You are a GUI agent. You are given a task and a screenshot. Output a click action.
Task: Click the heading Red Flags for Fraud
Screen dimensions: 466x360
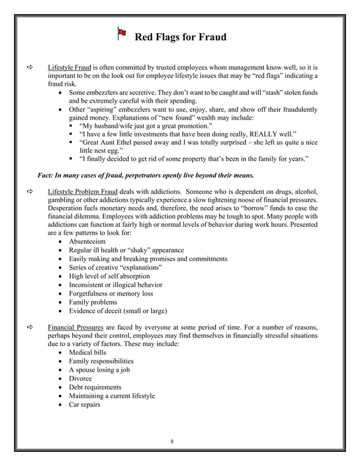pyautogui.click(x=180, y=38)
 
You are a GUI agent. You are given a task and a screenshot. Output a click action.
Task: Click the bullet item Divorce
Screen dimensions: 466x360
pyautogui.click(x=80, y=379)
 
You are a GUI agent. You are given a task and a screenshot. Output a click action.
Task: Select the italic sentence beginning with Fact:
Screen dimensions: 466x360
pyautogui.click(x=146, y=174)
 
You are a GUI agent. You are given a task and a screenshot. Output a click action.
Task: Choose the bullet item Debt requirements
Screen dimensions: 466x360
pyautogui.click(x=95, y=388)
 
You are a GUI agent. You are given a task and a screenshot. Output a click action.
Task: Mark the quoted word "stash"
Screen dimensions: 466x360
pyautogui.click(x=270, y=92)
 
